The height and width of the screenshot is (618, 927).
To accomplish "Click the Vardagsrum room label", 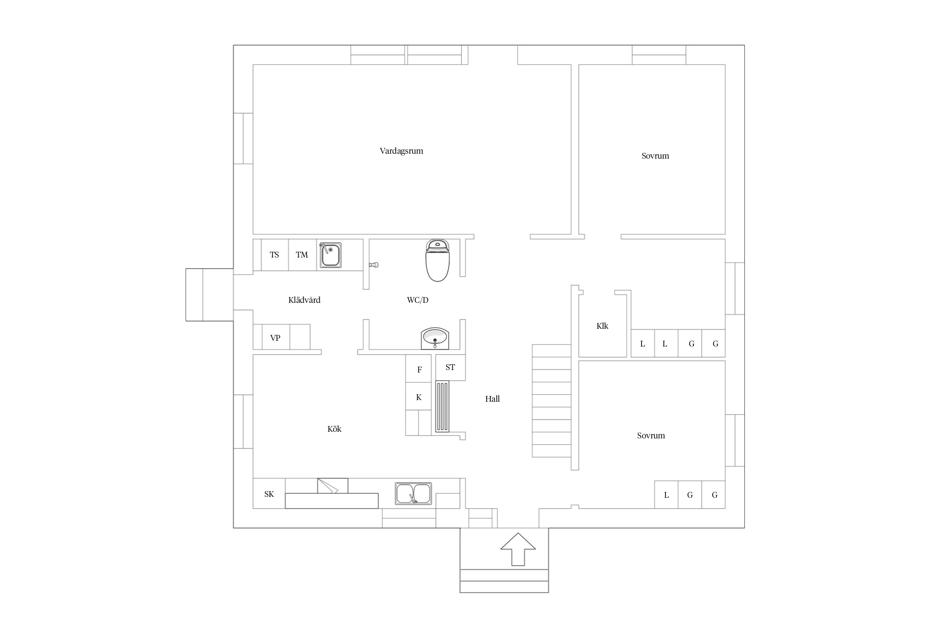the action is pos(401,151).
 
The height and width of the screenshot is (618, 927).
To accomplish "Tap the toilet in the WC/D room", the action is pos(438,260).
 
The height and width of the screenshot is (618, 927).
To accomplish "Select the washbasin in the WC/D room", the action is pos(435,339).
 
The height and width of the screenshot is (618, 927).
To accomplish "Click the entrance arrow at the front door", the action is pos(518,549).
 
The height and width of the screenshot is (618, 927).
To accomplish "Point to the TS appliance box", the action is pos(275,255).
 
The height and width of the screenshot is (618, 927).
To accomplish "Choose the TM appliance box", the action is pos(302,255).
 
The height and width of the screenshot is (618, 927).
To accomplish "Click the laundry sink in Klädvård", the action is pos(330,255).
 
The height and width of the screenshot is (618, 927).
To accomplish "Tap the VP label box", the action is pos(276,337).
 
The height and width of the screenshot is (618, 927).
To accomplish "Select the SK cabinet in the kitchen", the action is pos(269,493).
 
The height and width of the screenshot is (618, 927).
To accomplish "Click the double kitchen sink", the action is pos(413,493).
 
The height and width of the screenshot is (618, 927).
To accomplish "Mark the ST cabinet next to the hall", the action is pos(450,367).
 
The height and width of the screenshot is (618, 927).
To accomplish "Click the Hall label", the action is pos(492,399).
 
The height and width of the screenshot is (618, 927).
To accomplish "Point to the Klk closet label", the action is pos(602,326).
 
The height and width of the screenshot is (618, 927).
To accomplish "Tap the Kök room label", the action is pos(334,429).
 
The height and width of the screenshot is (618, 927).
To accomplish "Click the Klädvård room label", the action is pos(304,300).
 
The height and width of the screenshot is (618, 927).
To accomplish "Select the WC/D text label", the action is pos(418,300).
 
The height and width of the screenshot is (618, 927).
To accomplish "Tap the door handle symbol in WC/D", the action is pos(374,265).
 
